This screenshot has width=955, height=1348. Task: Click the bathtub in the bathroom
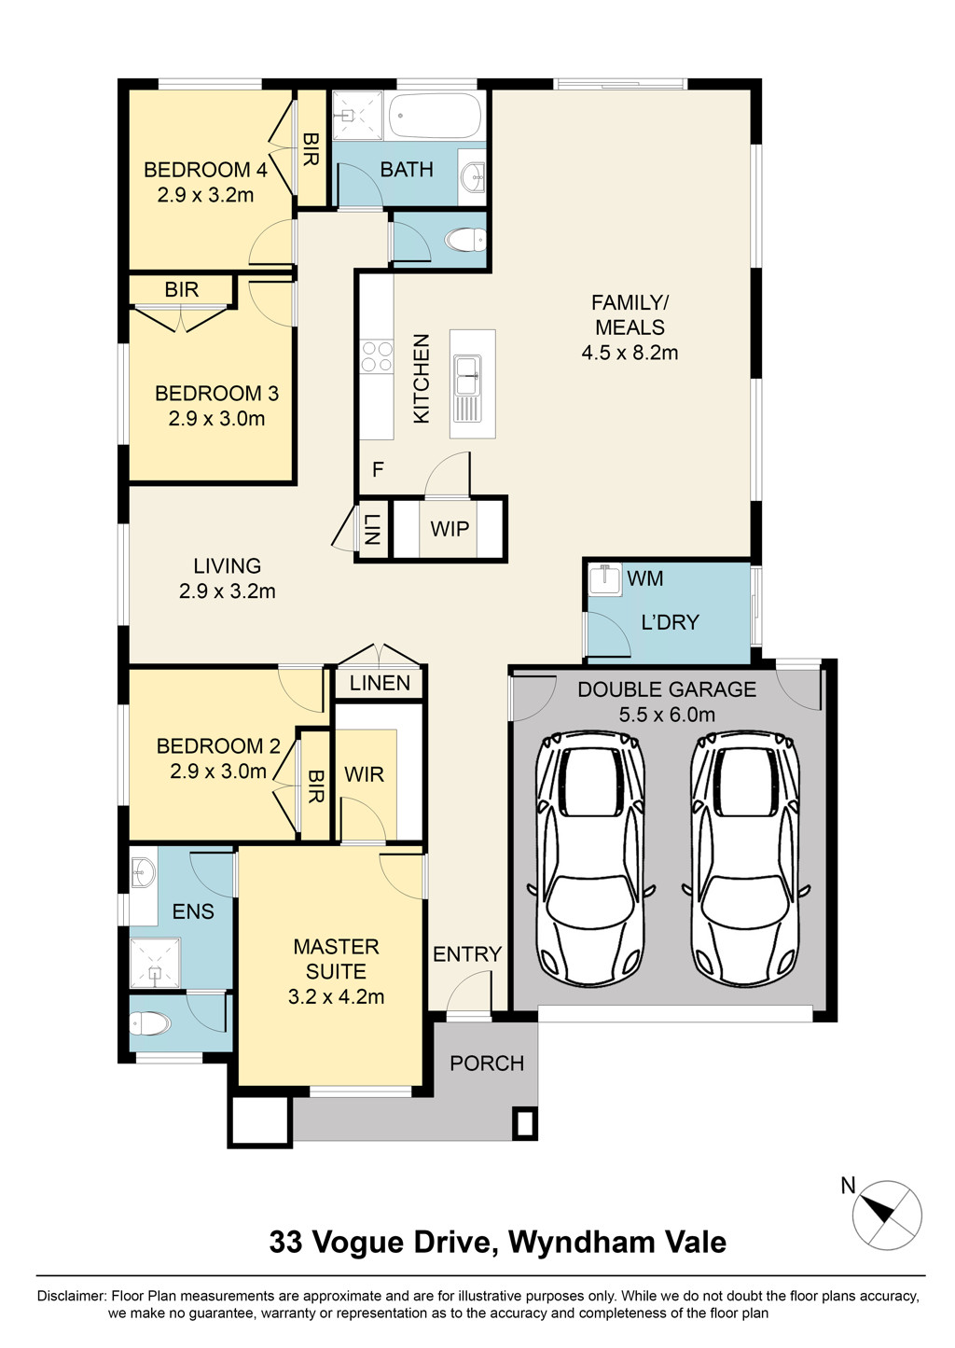pyautogui.click(x=436, y=116)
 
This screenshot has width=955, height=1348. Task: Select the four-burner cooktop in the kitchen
pyautogui.click(x=377, y=356)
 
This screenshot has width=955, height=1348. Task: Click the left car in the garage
pyautogui.click(x=590, y=858)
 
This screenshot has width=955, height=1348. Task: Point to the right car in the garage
pyautogui.click(x=745, y=858)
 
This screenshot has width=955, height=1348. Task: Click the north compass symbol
pyautogui.click(x=887, y=1215)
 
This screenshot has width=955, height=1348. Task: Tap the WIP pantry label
pyautogui.click(x=450, y=529)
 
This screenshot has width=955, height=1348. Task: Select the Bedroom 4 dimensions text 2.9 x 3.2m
pyautogui.click(x=205, y=195)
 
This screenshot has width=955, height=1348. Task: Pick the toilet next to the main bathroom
pyautogui.click(x=465, y=242)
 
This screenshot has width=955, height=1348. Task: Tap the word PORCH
pyautogui.click(x=487, y=1063)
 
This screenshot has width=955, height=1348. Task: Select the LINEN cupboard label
pyautogui.click(x=380, y=683)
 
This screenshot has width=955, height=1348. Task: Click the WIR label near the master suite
pyautogui.click(x=364, y=774)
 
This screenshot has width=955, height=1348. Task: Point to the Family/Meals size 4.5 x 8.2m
pyautogui.click(x=630, y=352)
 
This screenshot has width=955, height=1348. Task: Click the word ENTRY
pyautogui.click(x=467, y=953)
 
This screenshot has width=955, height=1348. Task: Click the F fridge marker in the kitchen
pyautogui.click(x=378, y=469)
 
